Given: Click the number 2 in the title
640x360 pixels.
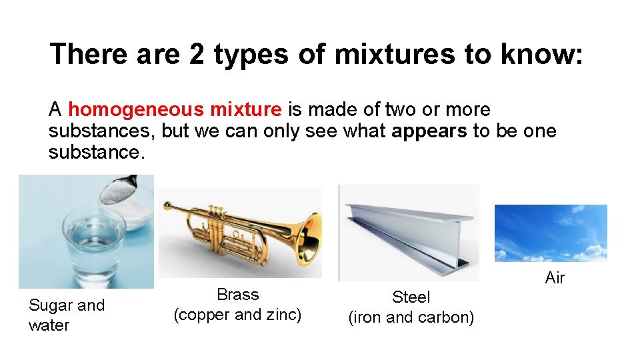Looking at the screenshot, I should pos(197,55).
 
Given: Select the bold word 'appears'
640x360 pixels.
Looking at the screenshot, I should pos(429,131).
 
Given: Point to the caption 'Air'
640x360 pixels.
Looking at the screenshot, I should pos(555,278).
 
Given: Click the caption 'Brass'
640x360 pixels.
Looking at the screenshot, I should pos(238,295).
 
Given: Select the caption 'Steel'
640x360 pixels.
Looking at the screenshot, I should pos(411,297).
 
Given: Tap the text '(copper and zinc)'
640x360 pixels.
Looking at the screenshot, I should pos(238,315).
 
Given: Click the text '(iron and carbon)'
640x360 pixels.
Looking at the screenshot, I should pos(411,317).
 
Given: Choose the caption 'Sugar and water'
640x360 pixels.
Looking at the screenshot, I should pos(67,315).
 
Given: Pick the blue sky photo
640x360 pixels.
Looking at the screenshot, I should pos(551,233).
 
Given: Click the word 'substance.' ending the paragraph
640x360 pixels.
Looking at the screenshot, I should pos(96,152).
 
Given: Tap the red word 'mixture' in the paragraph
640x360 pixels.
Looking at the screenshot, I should pos(250,109).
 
